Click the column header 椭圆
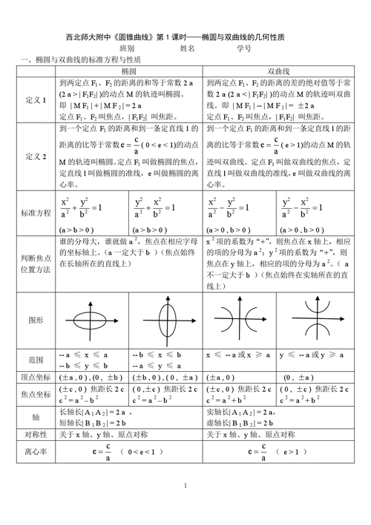130,70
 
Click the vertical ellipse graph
167,321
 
